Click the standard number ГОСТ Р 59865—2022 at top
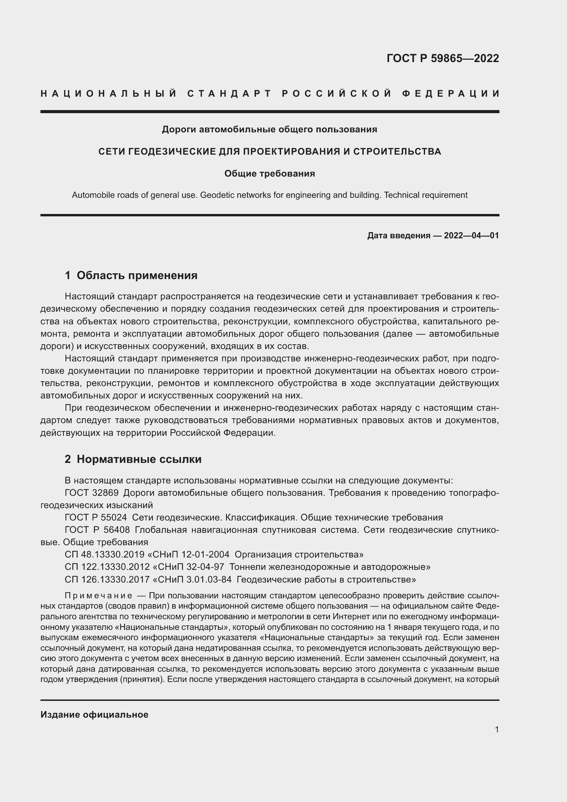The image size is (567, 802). [442, 58]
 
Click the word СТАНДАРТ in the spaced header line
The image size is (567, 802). [229, 94]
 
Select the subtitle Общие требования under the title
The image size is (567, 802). [269, 173]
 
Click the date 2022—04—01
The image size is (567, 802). [471, 236]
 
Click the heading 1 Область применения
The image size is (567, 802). [131, 275]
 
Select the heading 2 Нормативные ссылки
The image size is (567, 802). [133, 459]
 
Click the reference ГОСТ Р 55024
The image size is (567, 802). [96, 517]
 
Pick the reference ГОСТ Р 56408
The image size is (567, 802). [97, 530]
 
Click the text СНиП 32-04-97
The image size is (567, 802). [191, 566]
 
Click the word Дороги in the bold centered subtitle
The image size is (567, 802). [179, 130]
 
